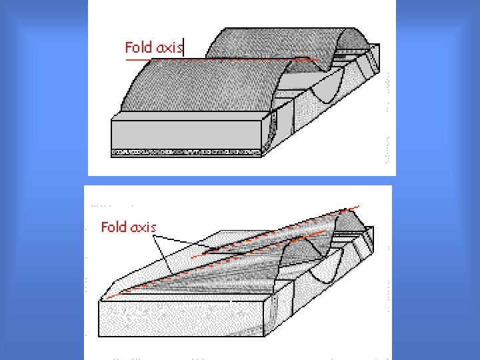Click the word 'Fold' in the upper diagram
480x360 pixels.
tap(139, 47)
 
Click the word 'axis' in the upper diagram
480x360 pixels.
tap(169, 47)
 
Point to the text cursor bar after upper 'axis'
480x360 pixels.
tap(183, 47)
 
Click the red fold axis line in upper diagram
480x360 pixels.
tap(220, 60)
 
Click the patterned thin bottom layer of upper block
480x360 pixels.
tap(187, 153)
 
